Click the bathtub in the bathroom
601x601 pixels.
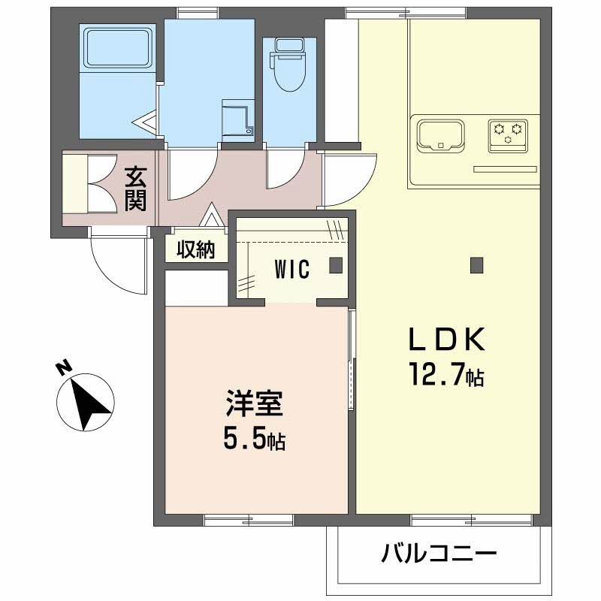click(117, 47)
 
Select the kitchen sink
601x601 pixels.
click(441, 134)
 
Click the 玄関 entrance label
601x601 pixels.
click(135, 189)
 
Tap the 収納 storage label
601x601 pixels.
click(196, 250)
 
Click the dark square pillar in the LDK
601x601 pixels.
click(475, 264)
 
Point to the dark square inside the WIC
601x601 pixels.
click(335, 264)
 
